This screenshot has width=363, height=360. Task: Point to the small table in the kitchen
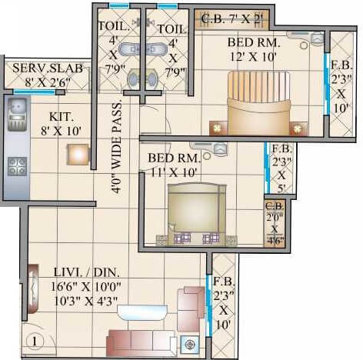(78, 154)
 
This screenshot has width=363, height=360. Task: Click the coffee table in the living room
(142, 312)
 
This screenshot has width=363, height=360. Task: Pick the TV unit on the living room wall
(32, 289)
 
